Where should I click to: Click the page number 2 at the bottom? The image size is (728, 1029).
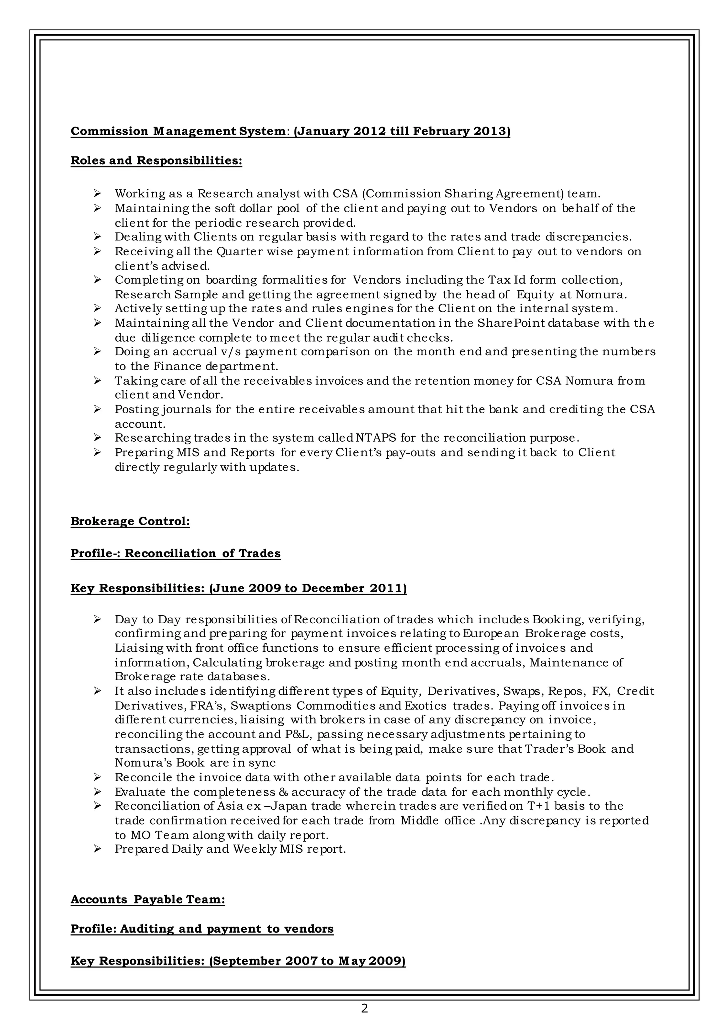[364, 1008]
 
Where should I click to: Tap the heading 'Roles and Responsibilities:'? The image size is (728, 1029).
[156, 160]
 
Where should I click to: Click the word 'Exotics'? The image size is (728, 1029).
[425, 706]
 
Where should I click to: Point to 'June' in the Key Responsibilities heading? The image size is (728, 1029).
[229, 588]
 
